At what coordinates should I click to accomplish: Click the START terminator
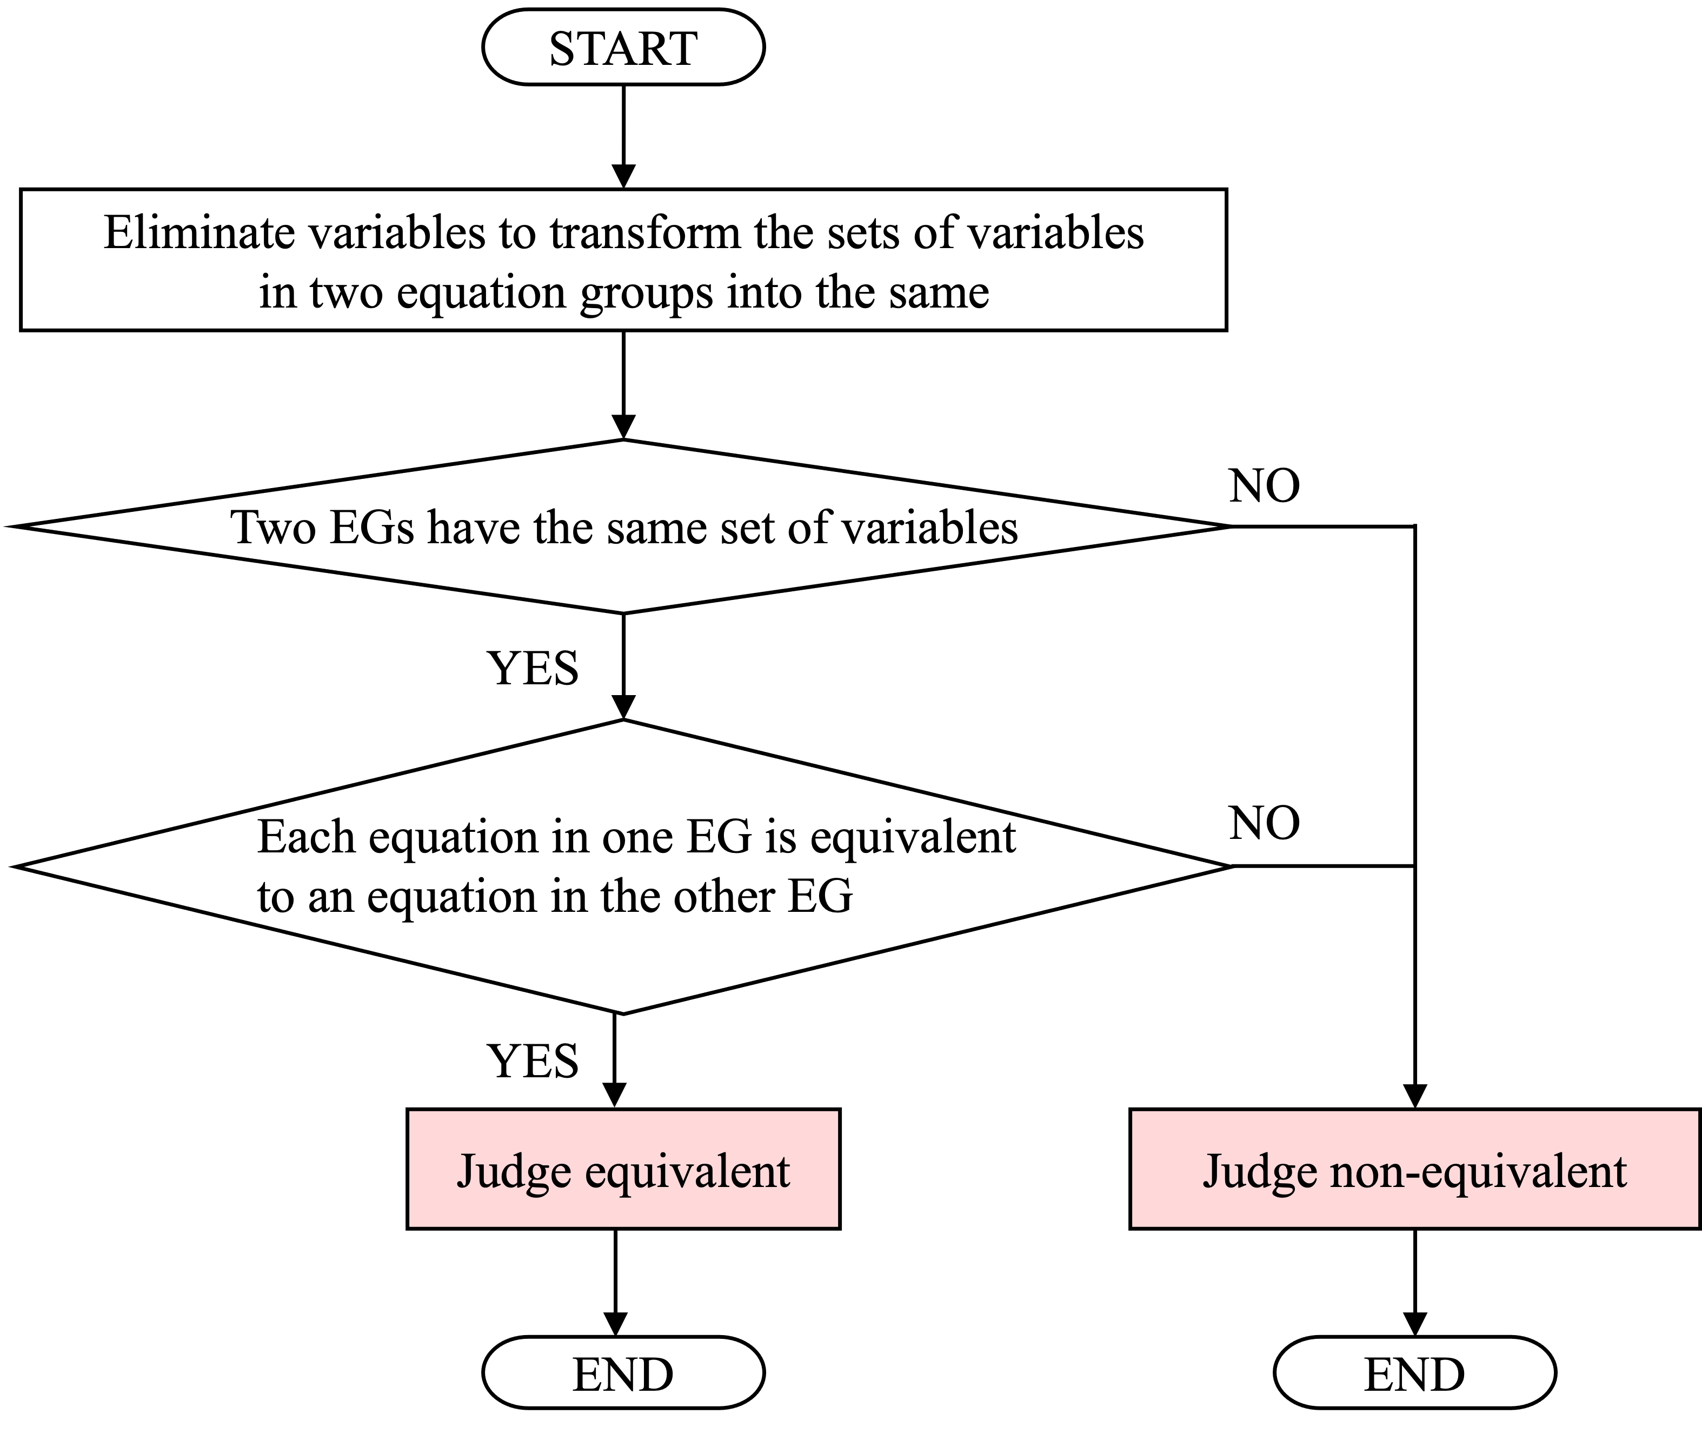[623, 47]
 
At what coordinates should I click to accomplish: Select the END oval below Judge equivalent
[623, 1375]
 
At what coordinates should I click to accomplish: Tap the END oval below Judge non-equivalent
[1414, 1375]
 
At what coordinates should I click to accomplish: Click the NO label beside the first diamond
[1265, 486]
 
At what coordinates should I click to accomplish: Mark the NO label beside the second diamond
[1265, 824]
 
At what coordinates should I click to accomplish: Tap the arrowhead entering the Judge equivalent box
[616, 1096]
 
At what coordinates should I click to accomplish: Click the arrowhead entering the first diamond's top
[623, 428]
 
